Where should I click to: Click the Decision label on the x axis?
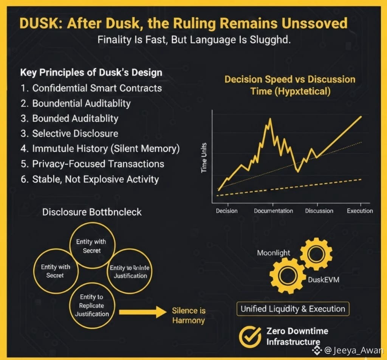pyautogui.click(x=227, y=211)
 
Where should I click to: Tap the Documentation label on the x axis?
pyautogui.click(x=273, y=211)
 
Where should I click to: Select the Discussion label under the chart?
pyautogui.click(x=319, y=211)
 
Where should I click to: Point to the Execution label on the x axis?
pyautogui.click(x=360, y=211)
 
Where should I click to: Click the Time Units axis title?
pyautogui.click(x=204, y=158)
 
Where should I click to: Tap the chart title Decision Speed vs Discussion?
pyautogui.click(x=290, y=79)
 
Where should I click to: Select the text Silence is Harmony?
pyautogui.click(x=188, y=315)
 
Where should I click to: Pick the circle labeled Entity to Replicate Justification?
pyautogui.click(x=92, y=306)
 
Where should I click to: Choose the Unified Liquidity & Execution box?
pyautogui.click(x=293, y=309)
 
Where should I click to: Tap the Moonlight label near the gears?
pyautogui.click(x=274, y=253)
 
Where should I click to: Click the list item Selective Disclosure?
pyautogui.click(x=75, y=133)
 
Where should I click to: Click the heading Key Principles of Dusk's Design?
pyautogui.click(x=91, y=72)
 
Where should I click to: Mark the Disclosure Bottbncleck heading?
pyautogui.click(x=92, y=212)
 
